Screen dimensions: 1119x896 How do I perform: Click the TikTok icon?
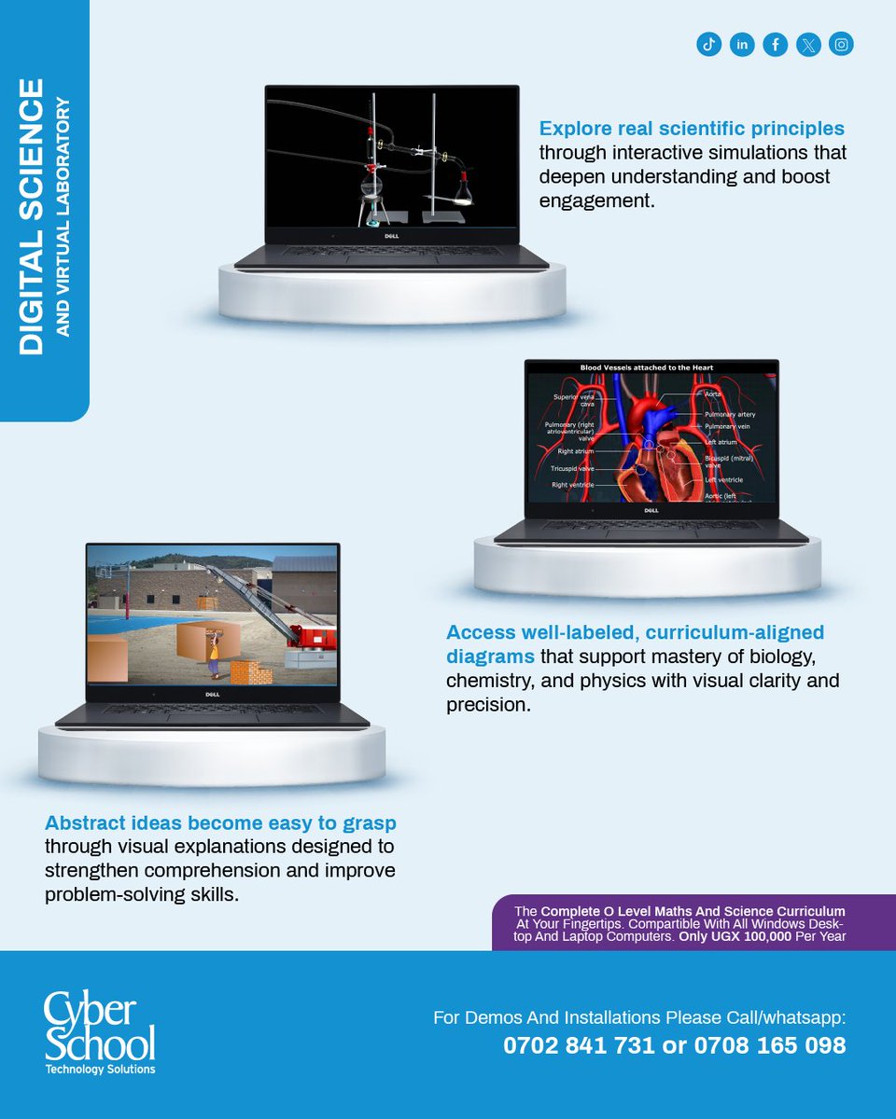(x=709, y=44)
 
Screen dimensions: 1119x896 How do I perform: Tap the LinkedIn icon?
(x=742, y=44)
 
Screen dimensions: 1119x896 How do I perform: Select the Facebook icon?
(x=775, y=44)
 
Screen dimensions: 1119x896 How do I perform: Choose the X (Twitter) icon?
(x=808, y=44)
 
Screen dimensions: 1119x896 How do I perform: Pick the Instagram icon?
(x=841, y=44)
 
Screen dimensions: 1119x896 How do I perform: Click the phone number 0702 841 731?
(x=579, y=1045)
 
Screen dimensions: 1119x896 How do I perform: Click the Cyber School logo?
(x=100, y=1033)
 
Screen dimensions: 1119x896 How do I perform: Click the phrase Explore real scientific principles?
(x=692, y=128)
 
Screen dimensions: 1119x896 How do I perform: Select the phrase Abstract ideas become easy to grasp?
(x=220, y=823)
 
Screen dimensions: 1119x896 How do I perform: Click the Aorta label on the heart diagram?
(x=713, y=394)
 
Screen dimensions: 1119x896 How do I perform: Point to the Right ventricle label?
(x=571, y=485)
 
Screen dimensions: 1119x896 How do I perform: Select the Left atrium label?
(x=721, y=442)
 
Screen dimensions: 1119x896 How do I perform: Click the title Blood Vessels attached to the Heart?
(x=647, y=368)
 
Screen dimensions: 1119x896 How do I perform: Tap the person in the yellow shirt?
(x=214, y=653)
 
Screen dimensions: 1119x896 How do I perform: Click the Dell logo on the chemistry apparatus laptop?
(x=392, y=236)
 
